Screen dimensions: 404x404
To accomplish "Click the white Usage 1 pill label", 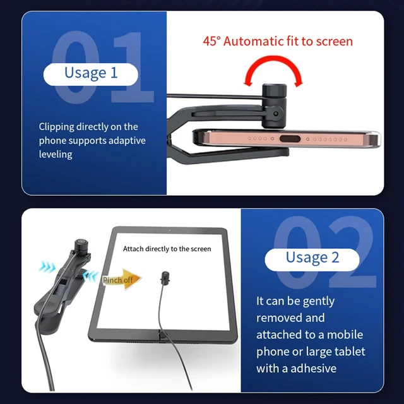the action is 91,74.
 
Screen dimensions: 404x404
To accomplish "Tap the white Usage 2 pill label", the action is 312,259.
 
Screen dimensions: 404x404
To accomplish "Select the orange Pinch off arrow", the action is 122,279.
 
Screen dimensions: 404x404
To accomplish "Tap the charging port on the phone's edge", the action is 290,139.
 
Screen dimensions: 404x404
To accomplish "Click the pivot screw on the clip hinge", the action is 276,114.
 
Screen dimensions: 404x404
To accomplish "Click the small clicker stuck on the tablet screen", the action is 165,278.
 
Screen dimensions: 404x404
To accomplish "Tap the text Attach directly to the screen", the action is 167,249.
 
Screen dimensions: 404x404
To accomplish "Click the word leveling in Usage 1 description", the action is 56,155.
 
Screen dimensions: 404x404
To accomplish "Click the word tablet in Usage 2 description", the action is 351,352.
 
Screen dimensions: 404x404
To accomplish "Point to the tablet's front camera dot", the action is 170,230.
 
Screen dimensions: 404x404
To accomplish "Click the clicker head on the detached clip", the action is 81,245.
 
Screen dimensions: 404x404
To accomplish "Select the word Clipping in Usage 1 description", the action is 56,127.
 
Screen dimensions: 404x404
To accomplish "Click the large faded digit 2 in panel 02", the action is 349,252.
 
